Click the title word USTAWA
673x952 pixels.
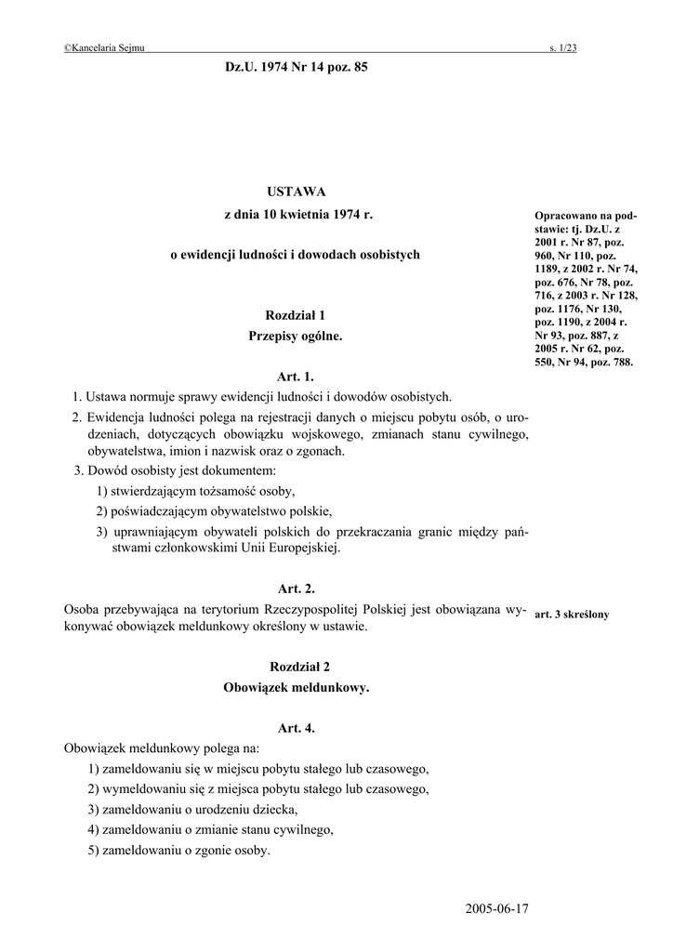click(x=297, y=192)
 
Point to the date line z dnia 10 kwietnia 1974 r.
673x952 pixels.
click(x=297, y=215)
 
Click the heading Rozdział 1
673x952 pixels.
click(x=297, y=315)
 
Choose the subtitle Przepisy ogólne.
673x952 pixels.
click(x=297, y=337)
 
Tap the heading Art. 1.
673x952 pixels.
click(x=297, y=377)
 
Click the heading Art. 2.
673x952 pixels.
click(x=297, y=588)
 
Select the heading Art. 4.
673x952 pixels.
click(x=297, y=728)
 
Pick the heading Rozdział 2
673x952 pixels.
click(x=297, y=667)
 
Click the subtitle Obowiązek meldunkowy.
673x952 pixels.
click(x=297, y=688)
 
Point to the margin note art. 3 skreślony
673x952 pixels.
click(x=572, y=615)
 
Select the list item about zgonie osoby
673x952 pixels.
click(x=186, y=850)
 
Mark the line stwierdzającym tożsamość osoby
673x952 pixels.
click(x=202, y=491)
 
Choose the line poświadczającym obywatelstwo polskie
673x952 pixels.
click(x=214, y=511)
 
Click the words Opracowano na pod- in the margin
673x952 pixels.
click(x=586, y=216)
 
